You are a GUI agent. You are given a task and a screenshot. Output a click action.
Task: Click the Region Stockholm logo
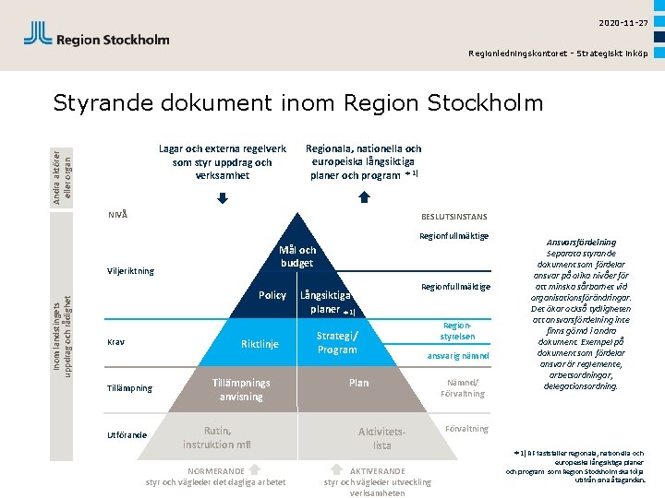click(x=96, y=36)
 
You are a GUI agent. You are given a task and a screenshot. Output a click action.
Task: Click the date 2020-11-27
click(x=623, y=22)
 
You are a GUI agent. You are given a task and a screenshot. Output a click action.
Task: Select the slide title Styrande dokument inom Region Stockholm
click(x=298, y=101)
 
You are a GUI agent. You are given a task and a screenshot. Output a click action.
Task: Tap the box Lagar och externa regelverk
click(x=222, y=161)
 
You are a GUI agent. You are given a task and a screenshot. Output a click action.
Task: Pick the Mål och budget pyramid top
click(x=297, y=255)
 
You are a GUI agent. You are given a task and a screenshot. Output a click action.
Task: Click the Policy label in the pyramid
click(x=272, y=295)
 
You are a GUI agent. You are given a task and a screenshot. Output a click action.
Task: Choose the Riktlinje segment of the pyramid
click(x=260, y=344)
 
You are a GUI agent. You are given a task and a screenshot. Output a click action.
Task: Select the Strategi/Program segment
click(x=336, y=342)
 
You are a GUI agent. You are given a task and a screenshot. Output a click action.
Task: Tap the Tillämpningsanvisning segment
click(x=241, y=389)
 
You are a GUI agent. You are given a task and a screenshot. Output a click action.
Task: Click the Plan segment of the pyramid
click(x=358, y=383)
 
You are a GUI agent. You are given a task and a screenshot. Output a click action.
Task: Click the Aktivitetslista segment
click(x=382, y=438)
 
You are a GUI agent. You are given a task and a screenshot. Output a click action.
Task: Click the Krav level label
click(x=116, y=341)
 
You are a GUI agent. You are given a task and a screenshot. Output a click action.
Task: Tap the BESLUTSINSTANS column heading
click(x=453, y=217)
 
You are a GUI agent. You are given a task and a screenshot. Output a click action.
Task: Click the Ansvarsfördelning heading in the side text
click(x=583, y=243)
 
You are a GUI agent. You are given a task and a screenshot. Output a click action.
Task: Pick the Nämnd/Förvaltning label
click(x=463, y=387)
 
